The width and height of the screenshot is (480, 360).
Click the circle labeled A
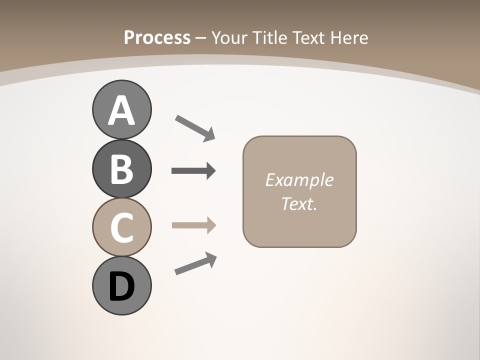click(x=121, y=109)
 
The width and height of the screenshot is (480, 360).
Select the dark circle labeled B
click(x=121, y=169)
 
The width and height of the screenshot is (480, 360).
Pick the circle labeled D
click(x=121, y=285)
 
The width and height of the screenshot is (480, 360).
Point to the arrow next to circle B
click(x=193, y=171)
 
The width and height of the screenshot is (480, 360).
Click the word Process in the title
click(x=157, y=37)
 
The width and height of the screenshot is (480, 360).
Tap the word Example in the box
click(x=299, y=180)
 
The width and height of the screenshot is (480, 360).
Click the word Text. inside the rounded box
click(x=299, y=204)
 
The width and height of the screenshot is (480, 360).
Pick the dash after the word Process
click(x=200, y=38)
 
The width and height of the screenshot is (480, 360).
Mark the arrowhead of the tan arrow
click(x=211, y=225)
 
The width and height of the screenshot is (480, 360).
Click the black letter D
click(x=121, y=286)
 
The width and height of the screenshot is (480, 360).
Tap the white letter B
click(x=121, y=169)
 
